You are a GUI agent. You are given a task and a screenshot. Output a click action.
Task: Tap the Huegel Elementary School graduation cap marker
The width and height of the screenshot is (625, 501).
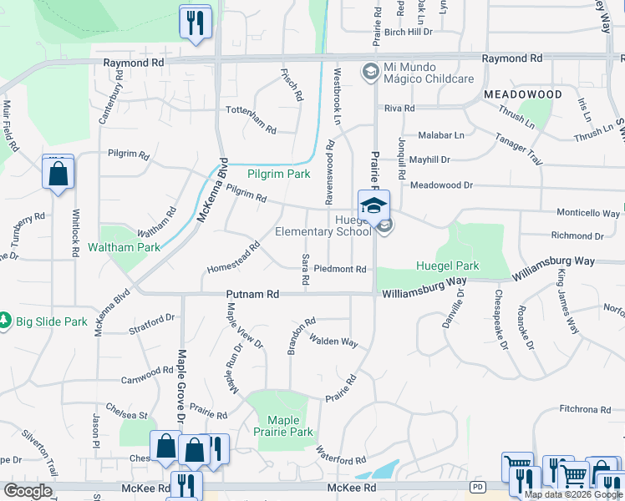point(373,205)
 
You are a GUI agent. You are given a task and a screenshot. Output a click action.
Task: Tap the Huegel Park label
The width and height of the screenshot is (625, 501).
point(448,266)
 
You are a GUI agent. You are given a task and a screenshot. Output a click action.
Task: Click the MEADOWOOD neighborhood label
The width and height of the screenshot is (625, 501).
point(522,95)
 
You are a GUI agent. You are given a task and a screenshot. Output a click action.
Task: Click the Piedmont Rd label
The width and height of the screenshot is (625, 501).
point(341,269)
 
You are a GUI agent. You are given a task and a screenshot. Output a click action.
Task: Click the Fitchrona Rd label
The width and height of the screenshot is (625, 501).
point(586,409)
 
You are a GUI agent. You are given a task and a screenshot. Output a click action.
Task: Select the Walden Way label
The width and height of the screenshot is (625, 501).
point(333,340)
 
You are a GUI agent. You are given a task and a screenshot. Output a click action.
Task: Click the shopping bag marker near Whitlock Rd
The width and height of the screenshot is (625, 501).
point(58,174)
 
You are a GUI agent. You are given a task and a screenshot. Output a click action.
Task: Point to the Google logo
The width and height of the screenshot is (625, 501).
point(28,491)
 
